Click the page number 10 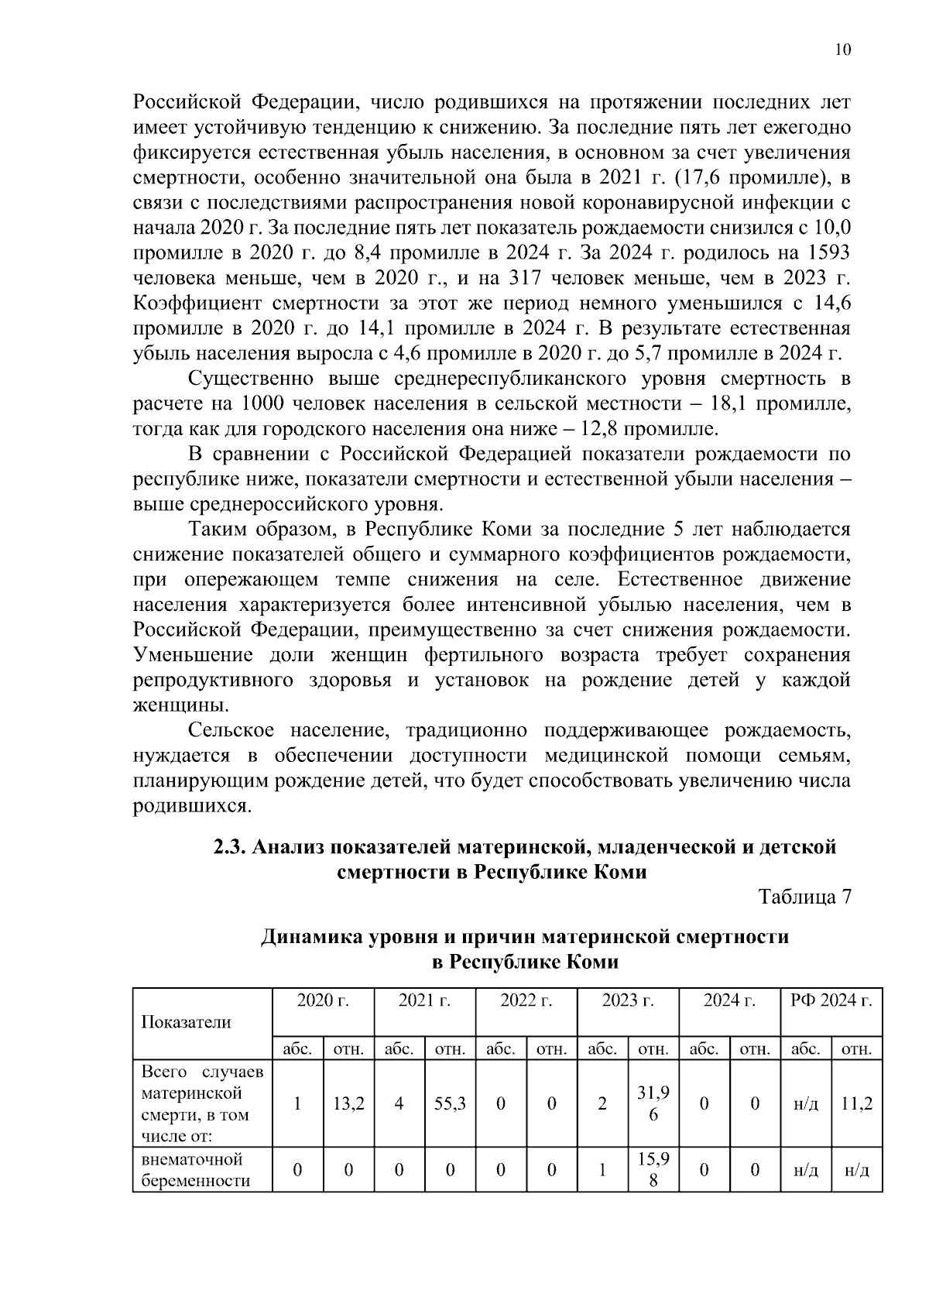click(x=843, y=50)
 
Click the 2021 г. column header click(x=424, y=1000)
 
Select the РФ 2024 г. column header click(x=831, y=1000)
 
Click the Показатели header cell click(x=186, y=1022)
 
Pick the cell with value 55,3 click(x=450, y=1103)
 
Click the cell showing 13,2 click(x=348, y=1103)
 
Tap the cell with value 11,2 click(x=856, y=1103)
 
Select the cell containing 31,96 click(x=653, y=1103)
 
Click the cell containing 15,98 click(x=653, y=1170)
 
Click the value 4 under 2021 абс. click(x=399, y=1103)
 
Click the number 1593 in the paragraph click(x=828, y=253)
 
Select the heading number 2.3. click(x=229, y=847)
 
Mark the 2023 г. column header click(x=628, y=1000)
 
